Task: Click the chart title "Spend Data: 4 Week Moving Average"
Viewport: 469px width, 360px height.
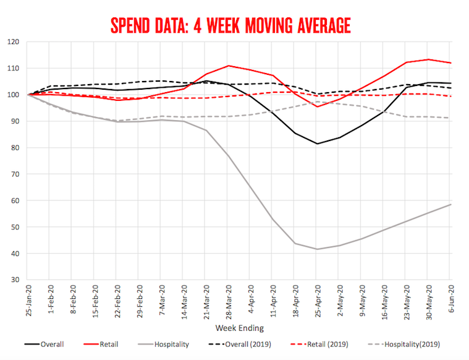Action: click(230, 25)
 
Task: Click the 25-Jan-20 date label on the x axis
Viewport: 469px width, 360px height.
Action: click(28, 300)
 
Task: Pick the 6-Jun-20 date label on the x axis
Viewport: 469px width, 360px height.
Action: click(450, 300)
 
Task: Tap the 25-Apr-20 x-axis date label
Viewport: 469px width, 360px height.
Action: click(317, 300)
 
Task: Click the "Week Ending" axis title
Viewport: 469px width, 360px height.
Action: click(239, 328)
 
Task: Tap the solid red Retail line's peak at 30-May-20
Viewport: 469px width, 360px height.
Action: click(428, 59)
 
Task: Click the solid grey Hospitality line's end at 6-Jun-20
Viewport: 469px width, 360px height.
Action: click(450, 204)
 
